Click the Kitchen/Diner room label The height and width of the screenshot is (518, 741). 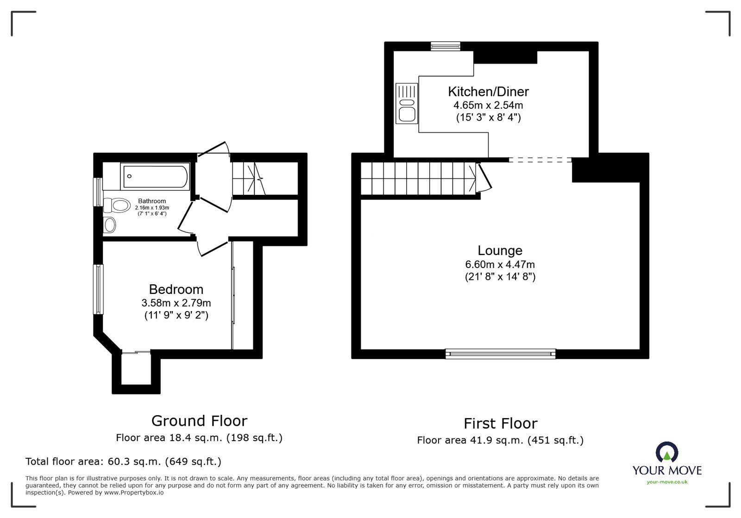(488, 91)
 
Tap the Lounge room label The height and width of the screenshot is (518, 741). (500, 250)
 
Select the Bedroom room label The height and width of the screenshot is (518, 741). (176, 289)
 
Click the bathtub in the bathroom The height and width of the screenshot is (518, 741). (155, 176)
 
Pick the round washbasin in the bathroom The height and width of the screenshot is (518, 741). (110, 225)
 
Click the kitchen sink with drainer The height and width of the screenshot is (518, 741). (407, 103)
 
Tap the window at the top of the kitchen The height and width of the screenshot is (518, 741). (445, 46)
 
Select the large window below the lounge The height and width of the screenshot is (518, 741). (500, 354)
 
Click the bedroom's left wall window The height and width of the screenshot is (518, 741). (98, 289)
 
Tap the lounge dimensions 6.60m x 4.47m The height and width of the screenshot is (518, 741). (500, 265)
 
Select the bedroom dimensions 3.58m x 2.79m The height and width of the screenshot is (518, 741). (176, 303)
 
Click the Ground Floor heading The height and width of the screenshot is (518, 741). (199, 421)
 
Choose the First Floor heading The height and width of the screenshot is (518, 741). (500, 424)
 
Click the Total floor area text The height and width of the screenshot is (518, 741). (123, 462)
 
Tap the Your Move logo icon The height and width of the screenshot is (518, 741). (667, 453)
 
